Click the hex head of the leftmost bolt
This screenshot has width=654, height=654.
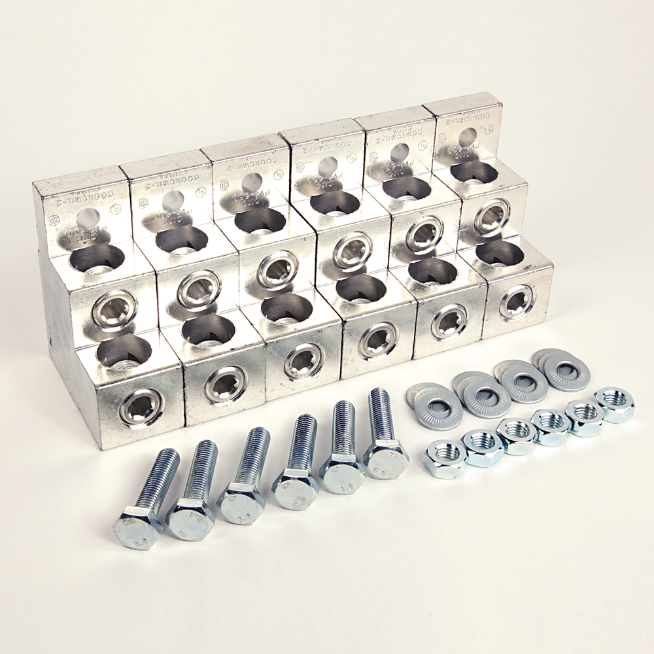tap(137, 526)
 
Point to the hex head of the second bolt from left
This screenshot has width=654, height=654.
tap(190, 517)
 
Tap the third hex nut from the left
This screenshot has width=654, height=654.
tap(516, 436)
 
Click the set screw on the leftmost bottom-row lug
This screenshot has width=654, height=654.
tap(142, 408)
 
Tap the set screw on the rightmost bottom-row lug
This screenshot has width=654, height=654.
tap(517, 301)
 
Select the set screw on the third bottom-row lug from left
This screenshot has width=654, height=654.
tap(304, 360)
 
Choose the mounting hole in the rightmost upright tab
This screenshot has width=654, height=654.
tap(468, 136)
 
